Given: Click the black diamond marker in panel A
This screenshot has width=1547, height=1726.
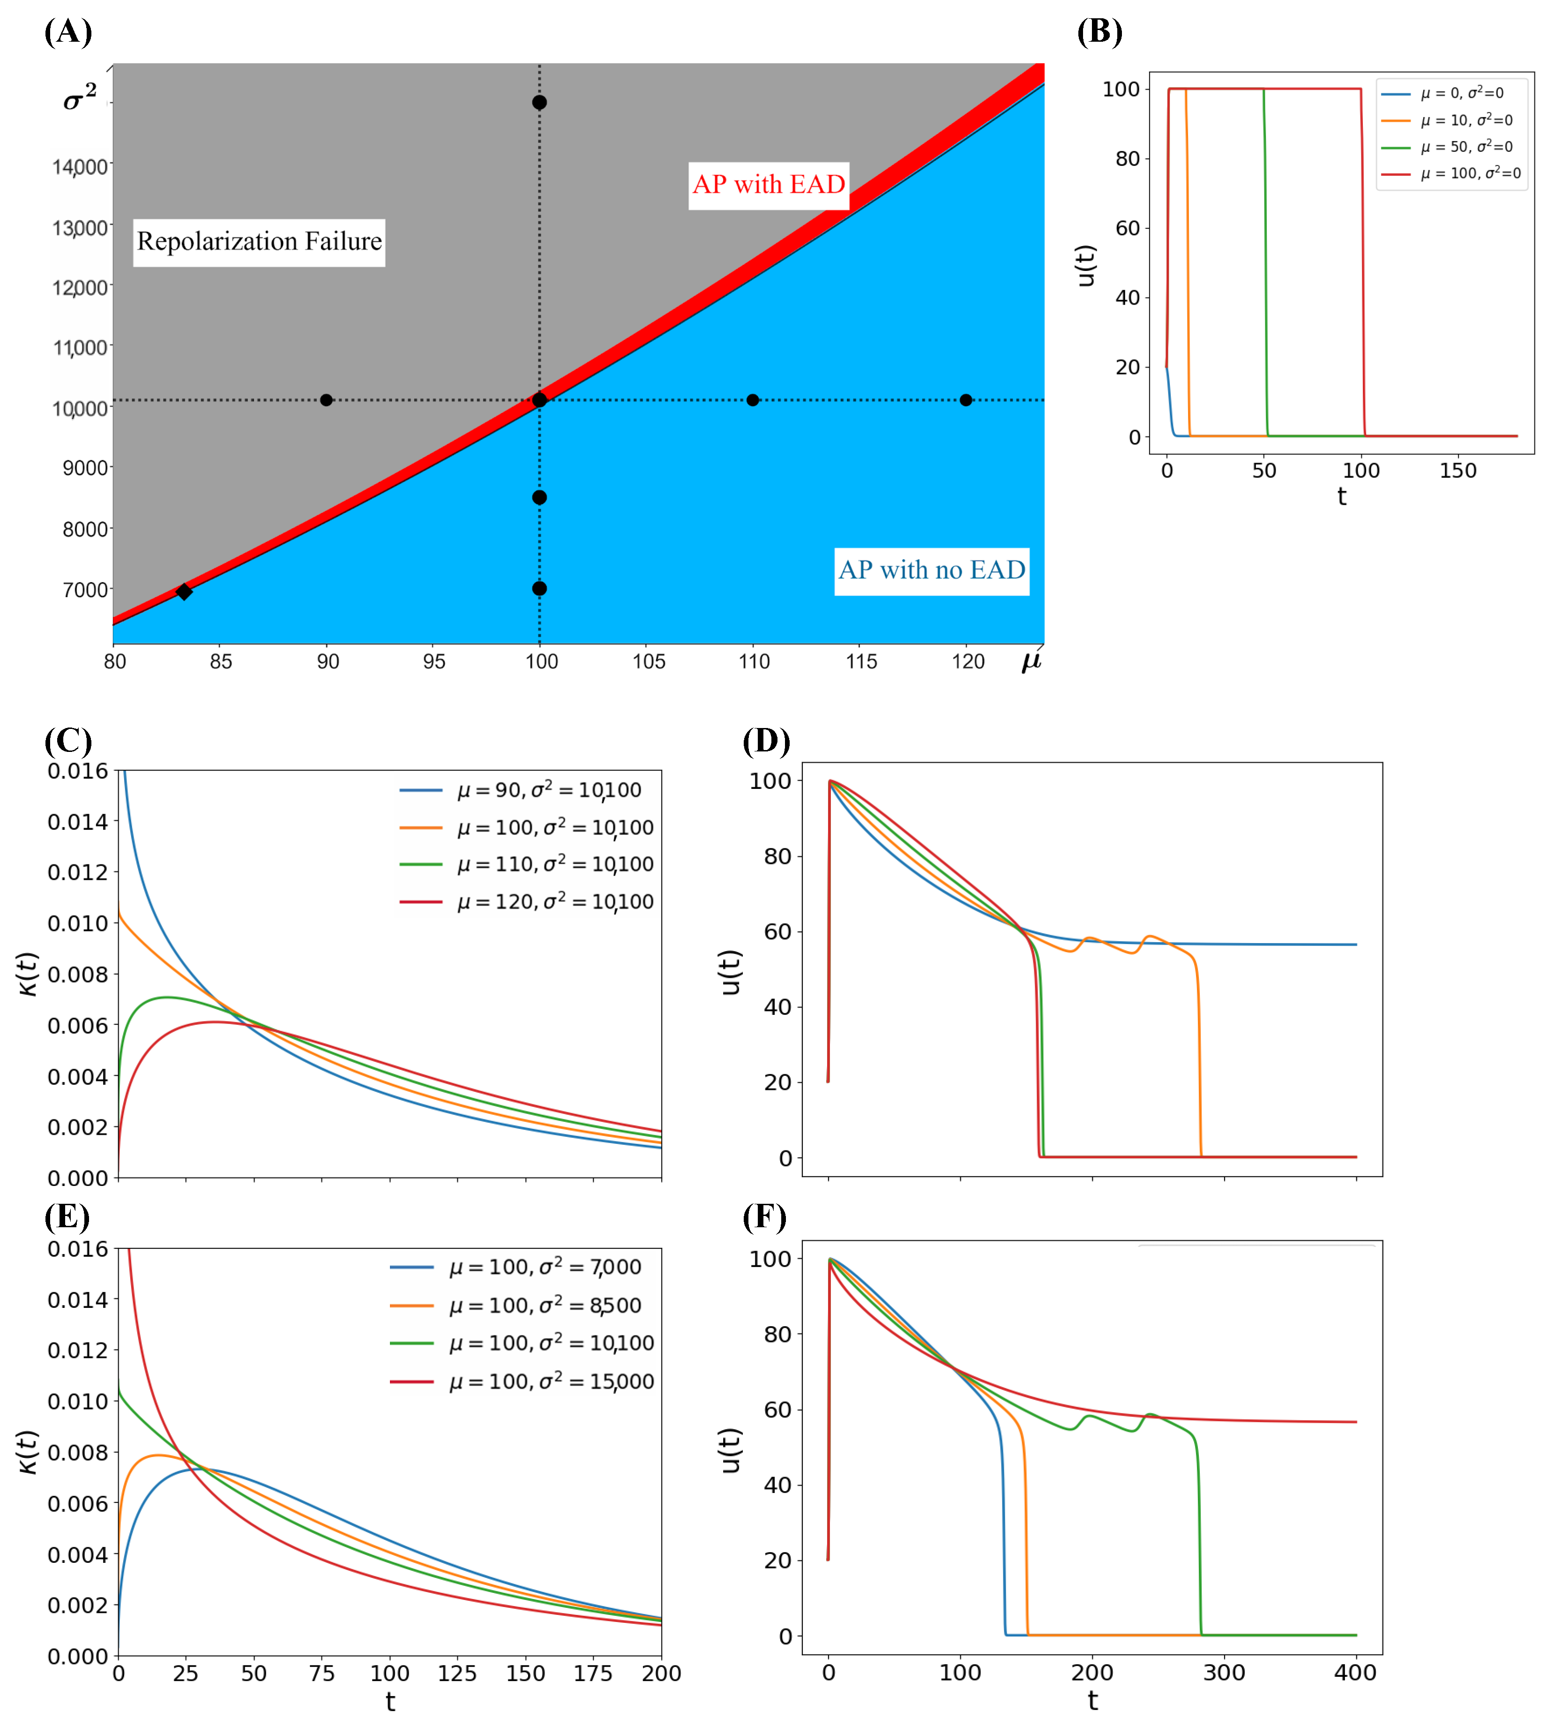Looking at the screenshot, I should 184,592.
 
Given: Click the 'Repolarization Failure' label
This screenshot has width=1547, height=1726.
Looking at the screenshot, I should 259,242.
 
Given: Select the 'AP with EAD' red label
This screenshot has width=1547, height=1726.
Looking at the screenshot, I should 769,185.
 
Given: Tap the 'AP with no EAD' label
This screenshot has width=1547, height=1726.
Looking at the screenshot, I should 932,570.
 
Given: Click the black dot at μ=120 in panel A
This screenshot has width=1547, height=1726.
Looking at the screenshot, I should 965,400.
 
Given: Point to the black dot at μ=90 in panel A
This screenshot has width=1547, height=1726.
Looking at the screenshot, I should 326,400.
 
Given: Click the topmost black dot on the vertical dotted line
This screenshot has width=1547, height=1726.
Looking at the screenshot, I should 539,103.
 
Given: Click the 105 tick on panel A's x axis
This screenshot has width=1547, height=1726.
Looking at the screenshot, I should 649,661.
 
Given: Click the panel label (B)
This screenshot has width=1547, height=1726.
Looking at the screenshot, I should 1099,32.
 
